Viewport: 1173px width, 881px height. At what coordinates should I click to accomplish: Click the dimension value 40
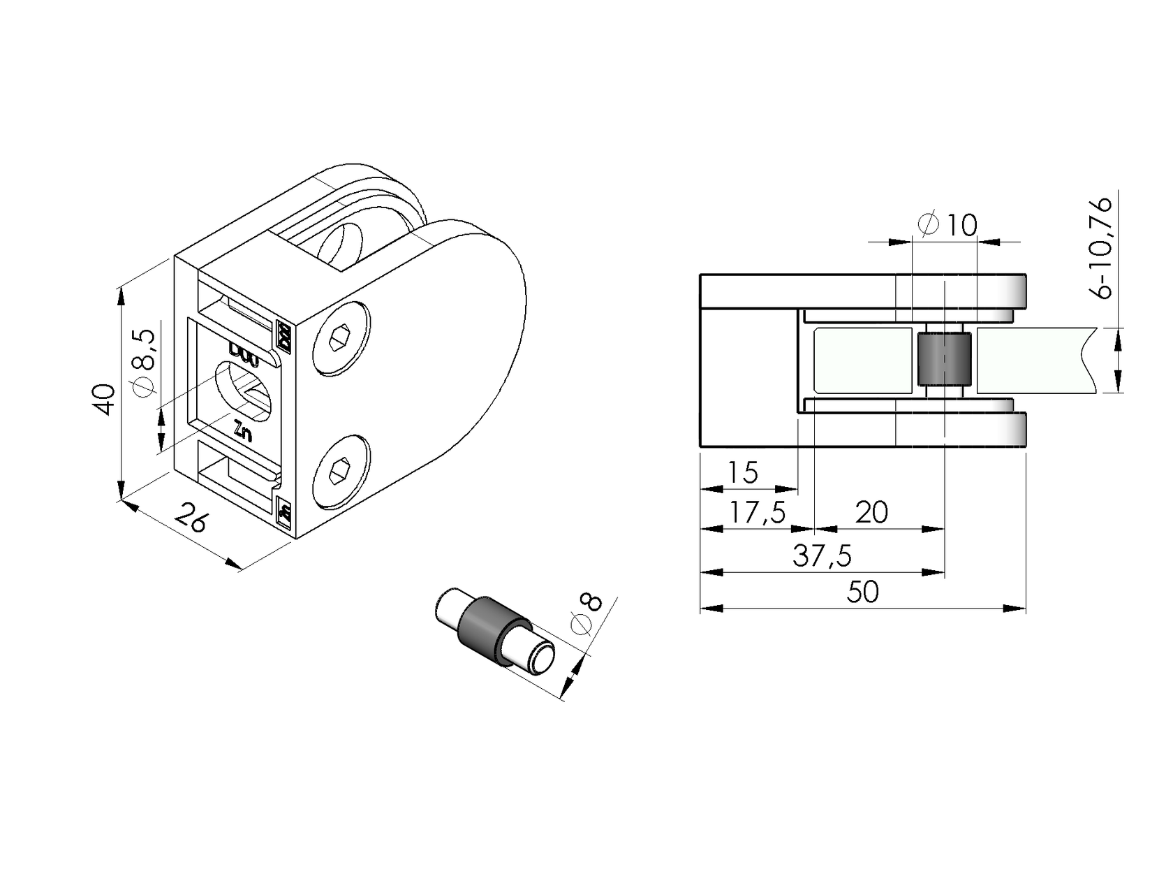104,399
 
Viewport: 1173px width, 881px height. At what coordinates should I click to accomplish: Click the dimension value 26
190,517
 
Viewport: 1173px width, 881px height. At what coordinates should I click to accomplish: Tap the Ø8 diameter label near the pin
587,615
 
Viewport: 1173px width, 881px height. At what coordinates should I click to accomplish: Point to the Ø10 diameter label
948,225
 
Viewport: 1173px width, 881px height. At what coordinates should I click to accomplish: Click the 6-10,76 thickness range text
1104,248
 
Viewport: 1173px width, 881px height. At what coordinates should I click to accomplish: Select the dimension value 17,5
757,514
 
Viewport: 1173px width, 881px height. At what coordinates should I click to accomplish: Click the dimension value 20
871,513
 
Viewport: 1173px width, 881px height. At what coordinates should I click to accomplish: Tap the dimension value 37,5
822,557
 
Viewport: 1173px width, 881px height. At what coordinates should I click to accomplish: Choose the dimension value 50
863,592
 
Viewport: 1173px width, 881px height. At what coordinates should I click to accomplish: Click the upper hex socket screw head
341,339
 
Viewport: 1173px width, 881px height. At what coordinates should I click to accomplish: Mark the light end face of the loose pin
543,660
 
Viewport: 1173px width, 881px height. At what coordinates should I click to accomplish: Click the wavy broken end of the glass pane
1086,360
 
